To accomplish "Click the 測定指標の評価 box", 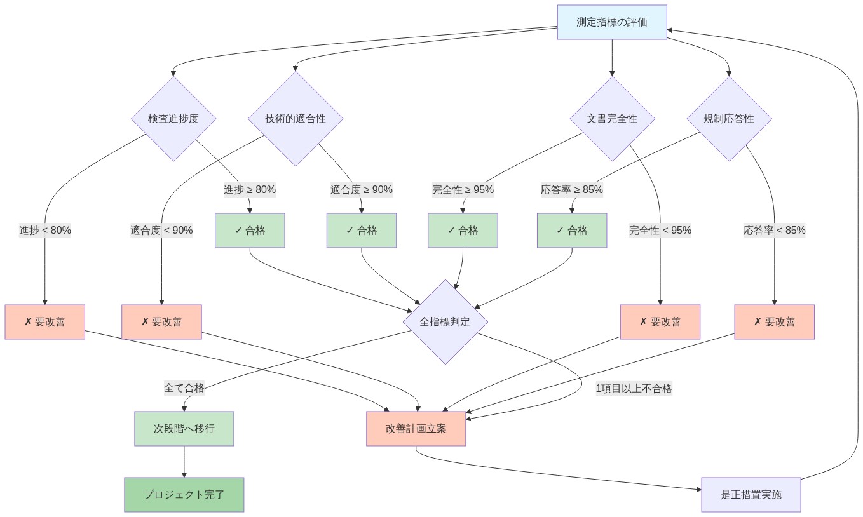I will tap(611, 22).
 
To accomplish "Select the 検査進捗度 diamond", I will tap(173, 118).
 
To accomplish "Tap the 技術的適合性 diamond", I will tap(295, 118).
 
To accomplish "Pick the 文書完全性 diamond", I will tap(611, 118).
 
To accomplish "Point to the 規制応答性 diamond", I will tap(729, 118).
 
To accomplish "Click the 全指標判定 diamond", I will tap(445, 321).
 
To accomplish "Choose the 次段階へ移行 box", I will tap(184, 428).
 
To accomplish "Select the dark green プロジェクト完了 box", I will tap(184, 494).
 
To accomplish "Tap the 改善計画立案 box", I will tap(416, 428).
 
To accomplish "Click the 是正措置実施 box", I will tap(751, 494).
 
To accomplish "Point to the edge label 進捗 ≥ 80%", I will tap(250, 189).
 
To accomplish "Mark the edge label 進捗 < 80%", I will tap(45, 230).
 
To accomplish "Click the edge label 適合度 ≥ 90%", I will tap(362, 189).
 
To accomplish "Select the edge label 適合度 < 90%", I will tap(161, 230).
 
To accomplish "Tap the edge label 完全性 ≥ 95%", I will tap(463, 189).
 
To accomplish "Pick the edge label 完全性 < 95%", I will tap(660, 230).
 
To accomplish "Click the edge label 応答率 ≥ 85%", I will tap(572, 189).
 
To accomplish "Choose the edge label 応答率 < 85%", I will tap(774, 230).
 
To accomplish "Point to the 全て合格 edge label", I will tap(184, 387).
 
